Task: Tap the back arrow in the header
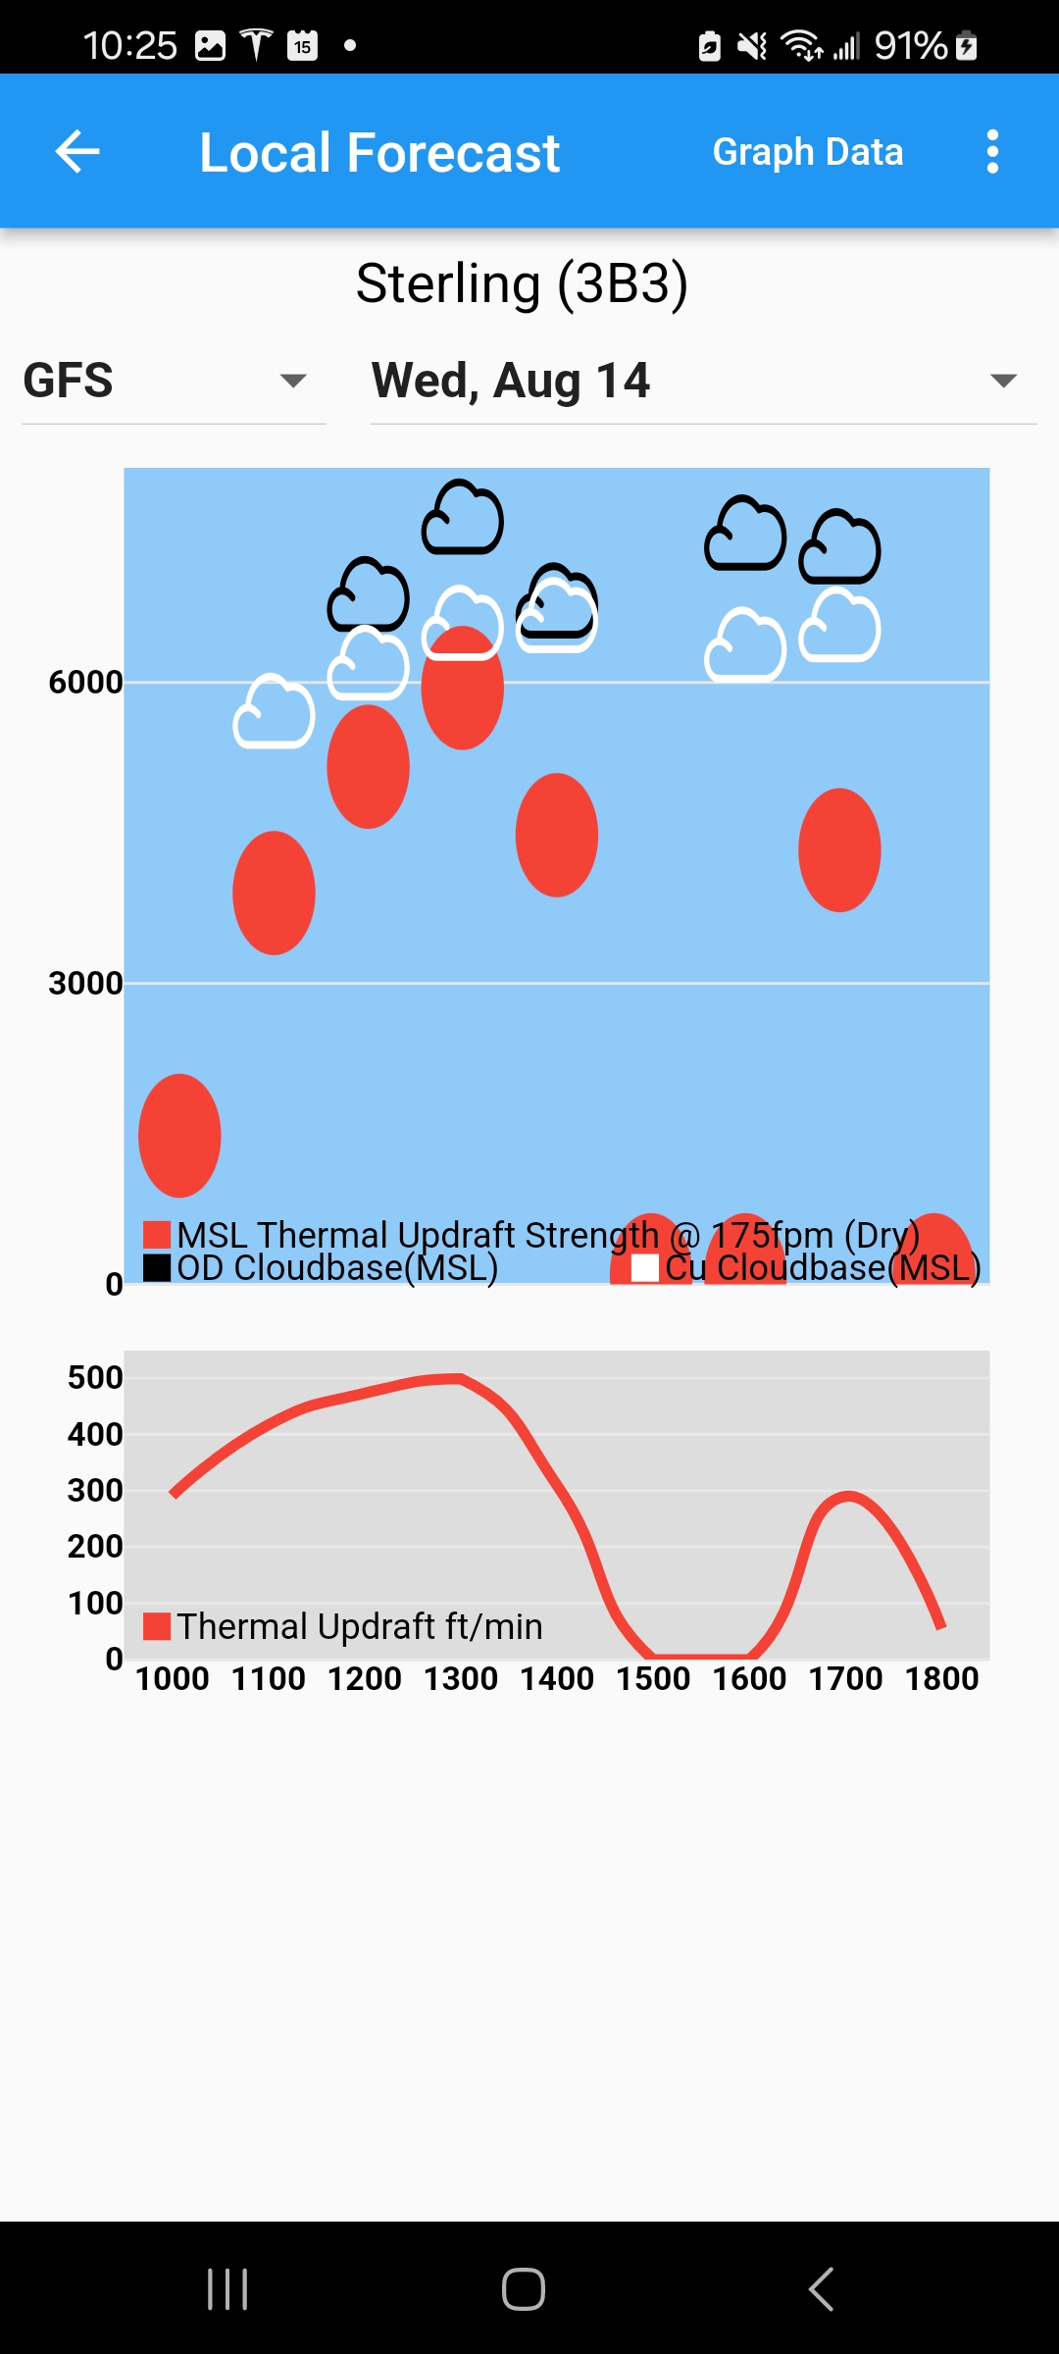pyautogui.click(x=77, y=152)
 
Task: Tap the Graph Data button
pyautogui.click(x=808, y=152)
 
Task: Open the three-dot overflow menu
pyautogui.click(x=992, y=152)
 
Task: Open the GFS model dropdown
pyautogui.click(x=174, y=381)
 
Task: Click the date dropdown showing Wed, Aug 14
pyautogui.click(x=703, y=381)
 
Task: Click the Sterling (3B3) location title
pyautogui.click(x=522, y=284)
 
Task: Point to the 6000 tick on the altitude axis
pyautogui.click(x=85, y=683)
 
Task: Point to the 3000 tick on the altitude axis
pyautogui.click(x=85, y=984)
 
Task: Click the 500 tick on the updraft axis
pyautogui.click(x=95, y=1378)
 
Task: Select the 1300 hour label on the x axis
pyautogui.click(x=461, y=1679)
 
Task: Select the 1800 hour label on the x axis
pyautogui.click(x=941, y=1679)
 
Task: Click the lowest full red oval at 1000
pyautogui.click(x=179, y=1136)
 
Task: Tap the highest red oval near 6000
pyautogui.click(x=463, y=689)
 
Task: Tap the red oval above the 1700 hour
pyautogui.click(x=839, y=850)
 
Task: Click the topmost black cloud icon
pyautogui.click(x=463, y=518)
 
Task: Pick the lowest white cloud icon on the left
pyautogui.click(x=274, y=712)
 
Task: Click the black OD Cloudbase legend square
pyautogui.click(x=157, y=1268)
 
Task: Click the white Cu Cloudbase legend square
pyautogui.click(x=645, y=1268)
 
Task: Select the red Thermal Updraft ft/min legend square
pyautogui.click(x=157, y=1626)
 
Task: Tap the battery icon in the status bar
pyautogui.click(x=967, y=45)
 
